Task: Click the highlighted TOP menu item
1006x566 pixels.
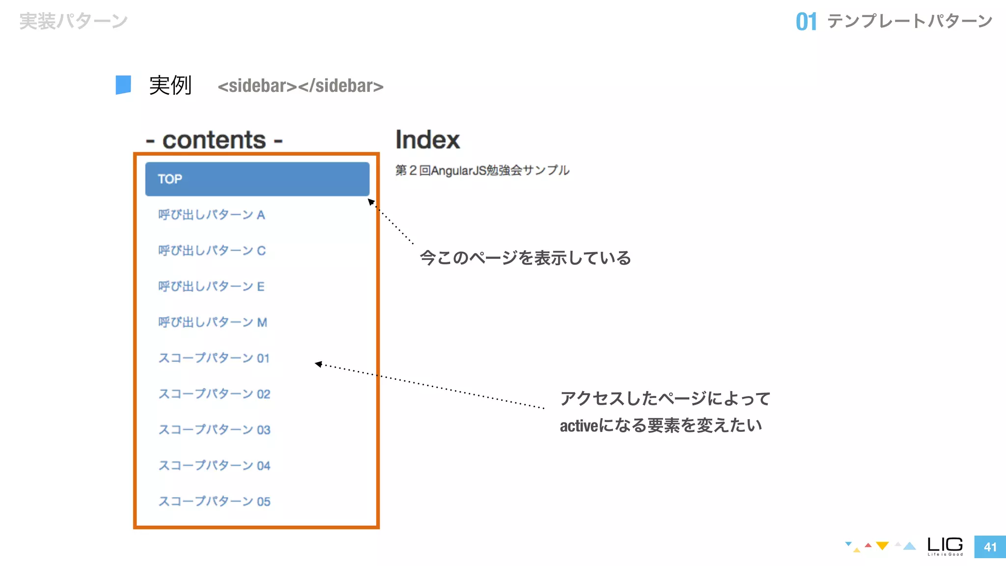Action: click(x=257, y=179)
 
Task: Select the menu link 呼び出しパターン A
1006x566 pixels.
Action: click(x=212, y=215)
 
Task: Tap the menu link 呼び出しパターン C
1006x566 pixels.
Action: click(x=212, y=251)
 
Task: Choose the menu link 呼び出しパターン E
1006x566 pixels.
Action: click(x=211, y=287)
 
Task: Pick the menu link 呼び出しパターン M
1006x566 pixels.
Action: click(x=213, y=323)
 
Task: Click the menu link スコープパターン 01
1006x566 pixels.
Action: click(x=214, y=359)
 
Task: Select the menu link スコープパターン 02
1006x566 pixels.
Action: click(x=214, y=395)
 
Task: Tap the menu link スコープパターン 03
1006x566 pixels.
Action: click(x=214, y=430)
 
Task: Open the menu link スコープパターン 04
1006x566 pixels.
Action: click(x=214, y=466)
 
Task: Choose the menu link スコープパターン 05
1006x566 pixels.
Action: click(x=214, y=502)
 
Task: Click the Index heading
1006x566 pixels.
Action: click(x=427, y=140)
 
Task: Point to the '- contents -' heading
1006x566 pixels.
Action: click(x=214, y=141)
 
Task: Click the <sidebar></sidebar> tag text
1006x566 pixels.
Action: click(x=300, y=86)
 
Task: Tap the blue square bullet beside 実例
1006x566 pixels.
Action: click(x=123, y=85)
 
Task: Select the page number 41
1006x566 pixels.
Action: click(x=990, y=547)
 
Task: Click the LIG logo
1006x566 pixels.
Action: click(x=945, y=545)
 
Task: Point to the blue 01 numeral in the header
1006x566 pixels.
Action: click(x=806, y=22)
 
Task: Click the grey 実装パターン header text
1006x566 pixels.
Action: click(x=74, y=22)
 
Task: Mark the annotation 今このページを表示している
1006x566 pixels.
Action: click(x=525, y=258)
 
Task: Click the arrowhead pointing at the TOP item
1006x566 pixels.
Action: click(x=371, y=201)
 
